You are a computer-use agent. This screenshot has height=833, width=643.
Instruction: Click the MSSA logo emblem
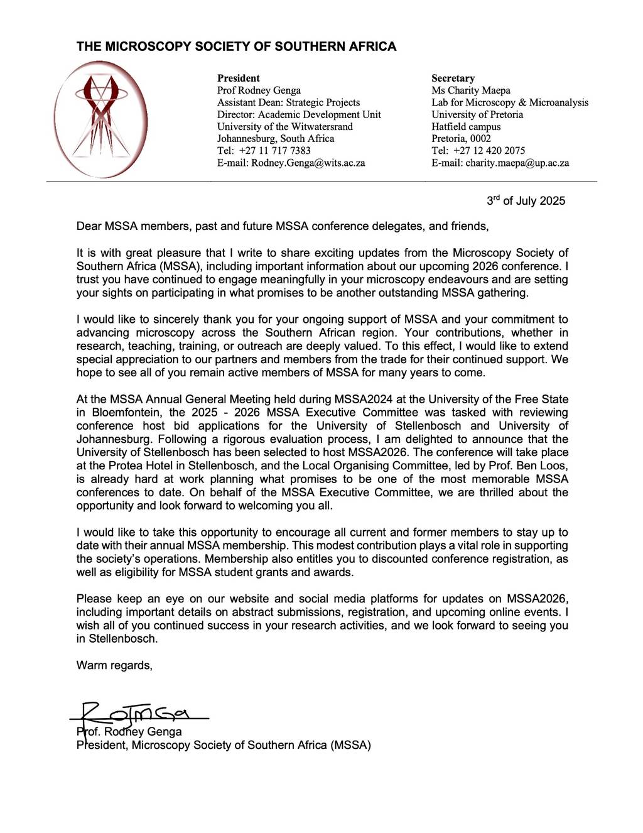[101, 118]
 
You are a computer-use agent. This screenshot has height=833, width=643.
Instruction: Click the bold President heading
[238, 79]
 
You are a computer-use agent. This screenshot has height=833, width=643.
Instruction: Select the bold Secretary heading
[453, 79]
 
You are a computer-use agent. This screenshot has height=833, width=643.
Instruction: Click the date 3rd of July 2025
[526, 201]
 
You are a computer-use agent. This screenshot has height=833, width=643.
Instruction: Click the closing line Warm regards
[114, 665]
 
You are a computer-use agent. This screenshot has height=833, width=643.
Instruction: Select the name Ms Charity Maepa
[470, 90]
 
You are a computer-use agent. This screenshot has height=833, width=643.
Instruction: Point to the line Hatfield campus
[466, 127]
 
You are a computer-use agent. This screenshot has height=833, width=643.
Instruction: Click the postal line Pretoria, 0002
[461, 139]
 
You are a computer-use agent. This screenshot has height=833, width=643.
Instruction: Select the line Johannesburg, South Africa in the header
[276, 139]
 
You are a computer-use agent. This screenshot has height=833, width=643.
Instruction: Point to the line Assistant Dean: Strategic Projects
[288, 102]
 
